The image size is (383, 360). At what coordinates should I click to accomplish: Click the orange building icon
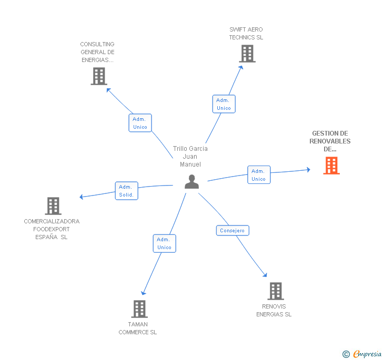click(331, 166)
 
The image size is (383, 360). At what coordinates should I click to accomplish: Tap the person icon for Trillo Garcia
click(191, 182)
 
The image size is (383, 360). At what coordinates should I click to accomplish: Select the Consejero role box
click(233, 230)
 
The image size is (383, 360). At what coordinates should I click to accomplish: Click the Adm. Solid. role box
click(126, 191)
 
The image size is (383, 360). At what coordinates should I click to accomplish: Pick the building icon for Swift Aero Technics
click(247, 54)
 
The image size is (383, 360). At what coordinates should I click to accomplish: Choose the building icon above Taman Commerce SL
click(139, 308)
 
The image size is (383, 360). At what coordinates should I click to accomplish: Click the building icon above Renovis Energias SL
click(276, 291)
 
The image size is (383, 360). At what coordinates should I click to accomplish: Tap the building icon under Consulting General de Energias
click(99, 76)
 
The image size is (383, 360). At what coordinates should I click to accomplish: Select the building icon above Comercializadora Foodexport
click(53, 205)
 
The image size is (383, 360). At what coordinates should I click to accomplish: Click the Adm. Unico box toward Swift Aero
click(224, 104)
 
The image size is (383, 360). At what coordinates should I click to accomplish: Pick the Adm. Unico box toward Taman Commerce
click(164, 243)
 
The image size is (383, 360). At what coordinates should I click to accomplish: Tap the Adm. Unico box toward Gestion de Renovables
click(259, 175)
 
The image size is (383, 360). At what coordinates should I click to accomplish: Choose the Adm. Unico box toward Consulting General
click(140, 123)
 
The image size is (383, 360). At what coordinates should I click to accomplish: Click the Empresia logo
click(362, 354)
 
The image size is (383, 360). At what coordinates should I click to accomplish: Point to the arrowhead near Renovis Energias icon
click(265, 275)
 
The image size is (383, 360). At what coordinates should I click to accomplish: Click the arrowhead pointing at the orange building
click(308, 170)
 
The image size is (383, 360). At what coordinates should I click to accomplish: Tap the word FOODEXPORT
click(52, 229)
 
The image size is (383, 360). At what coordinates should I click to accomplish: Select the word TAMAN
click(138, 324)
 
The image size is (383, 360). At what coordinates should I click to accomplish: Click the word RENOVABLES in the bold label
click(330, 141)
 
